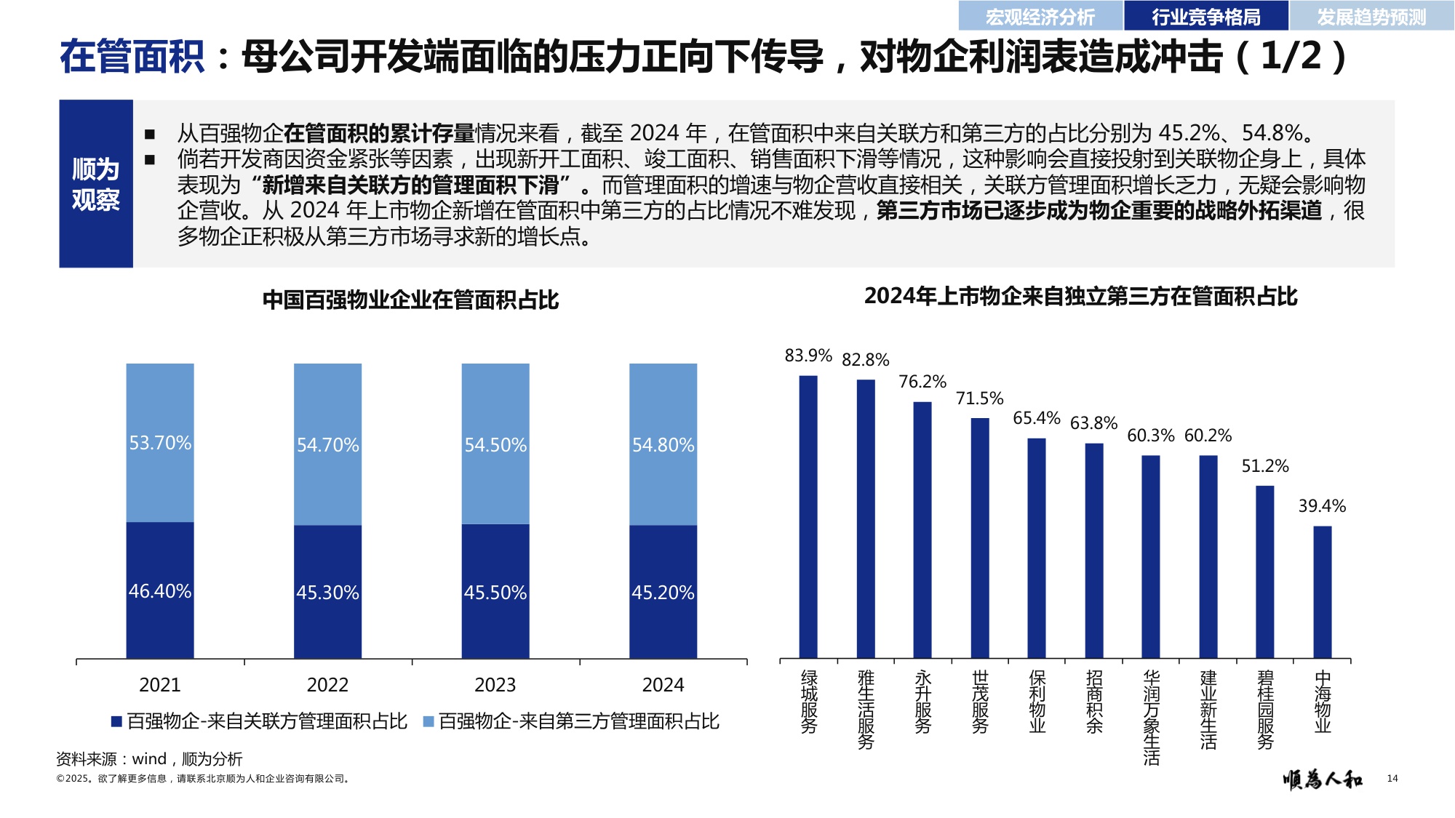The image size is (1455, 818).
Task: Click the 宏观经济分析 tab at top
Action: coord(1040,16)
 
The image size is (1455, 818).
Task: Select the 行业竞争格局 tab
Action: coord(1205,16)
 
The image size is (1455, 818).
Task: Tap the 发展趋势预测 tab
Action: coord(1371,16)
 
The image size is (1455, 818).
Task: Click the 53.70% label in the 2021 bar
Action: coord(160,443)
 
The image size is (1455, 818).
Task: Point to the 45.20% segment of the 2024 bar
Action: coord(663,592)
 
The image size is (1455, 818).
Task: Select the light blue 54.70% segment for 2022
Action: coord(327,444)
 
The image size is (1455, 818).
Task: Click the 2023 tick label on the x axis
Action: coord(495,685)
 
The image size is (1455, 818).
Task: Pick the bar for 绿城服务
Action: coord(808,516)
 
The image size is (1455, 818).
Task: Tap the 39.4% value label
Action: coord(1322,506)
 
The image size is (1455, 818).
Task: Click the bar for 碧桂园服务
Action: coord(1265,572)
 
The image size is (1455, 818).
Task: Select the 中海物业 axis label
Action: coord(1322,702)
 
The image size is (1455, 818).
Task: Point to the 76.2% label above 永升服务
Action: coord(922,382)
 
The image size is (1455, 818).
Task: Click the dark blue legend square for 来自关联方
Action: coord(116,721)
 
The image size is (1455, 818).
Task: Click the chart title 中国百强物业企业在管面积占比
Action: coord(410,300)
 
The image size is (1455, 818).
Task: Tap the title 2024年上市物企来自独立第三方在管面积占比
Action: coord(1080,297)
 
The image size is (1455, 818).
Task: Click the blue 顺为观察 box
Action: coord(96,184)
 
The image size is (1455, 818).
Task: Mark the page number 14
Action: coord(1392,779)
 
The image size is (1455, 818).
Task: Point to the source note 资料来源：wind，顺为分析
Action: coord(149,759)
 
